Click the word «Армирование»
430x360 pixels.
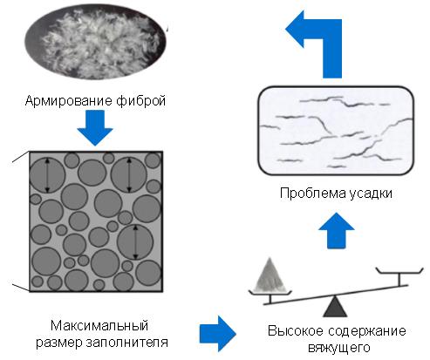[69, 101]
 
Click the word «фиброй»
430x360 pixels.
[140, 101]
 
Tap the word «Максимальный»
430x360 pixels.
[99, 326]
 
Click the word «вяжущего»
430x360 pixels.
[338, 348]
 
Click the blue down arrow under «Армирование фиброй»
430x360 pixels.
[95, 128]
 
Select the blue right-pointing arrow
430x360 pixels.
[218, 334]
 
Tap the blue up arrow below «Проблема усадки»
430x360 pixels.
[337, 230]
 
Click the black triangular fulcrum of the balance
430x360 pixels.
[335, 306]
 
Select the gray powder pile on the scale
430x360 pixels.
[270, 275]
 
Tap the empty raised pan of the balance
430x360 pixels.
[399, 272]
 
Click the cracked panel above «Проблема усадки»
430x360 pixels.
[336, 131]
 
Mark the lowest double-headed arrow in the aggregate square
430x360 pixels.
[135, 242]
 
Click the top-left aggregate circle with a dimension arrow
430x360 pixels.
[47, 175]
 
